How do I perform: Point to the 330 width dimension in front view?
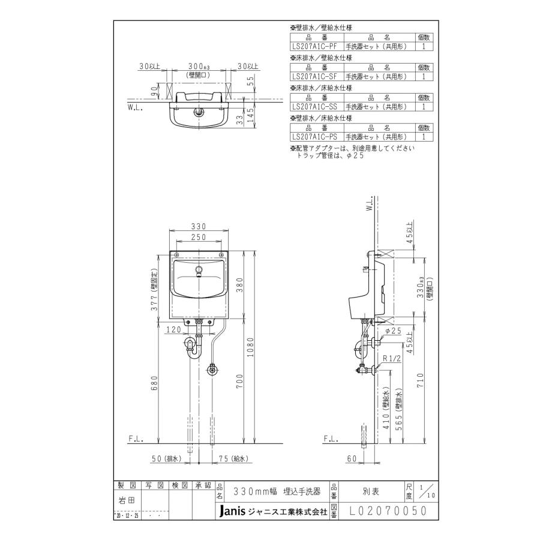coord(199,226)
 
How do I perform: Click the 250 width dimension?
coord(199,238)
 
